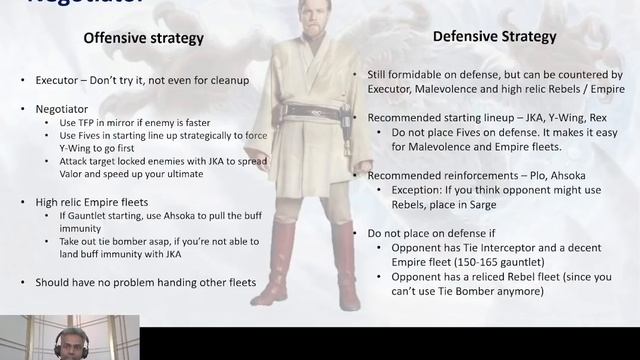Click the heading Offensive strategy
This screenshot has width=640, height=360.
tap(143, 39)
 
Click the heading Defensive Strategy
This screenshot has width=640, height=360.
tap(494, 37)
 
